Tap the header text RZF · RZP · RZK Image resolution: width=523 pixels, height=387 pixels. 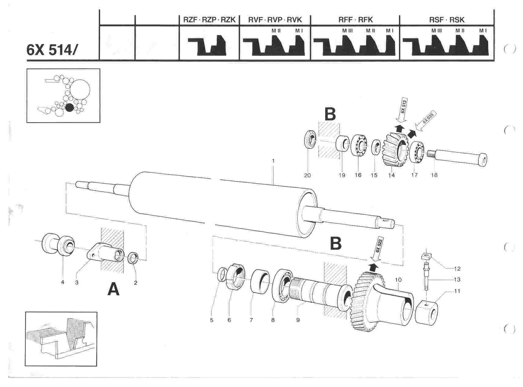pyautogui.click(x=209, y=20)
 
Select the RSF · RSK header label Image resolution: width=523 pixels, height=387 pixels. pyautogui.click(x=446, y=20)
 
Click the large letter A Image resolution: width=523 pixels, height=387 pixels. pyautogui.click(x=114, y=289)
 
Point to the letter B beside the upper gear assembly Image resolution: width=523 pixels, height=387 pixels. pyautogui.click(x=330, y=115)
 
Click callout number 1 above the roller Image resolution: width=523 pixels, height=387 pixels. pyautogui.click(x=273, y=160)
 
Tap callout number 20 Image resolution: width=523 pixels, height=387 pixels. pyautogui.click(x=307, y=175)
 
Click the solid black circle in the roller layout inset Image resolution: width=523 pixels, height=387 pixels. pyautogui.click(x=70, y=108)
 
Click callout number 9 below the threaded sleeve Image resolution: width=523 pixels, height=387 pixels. pyautogui.click(x=298, y=320)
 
